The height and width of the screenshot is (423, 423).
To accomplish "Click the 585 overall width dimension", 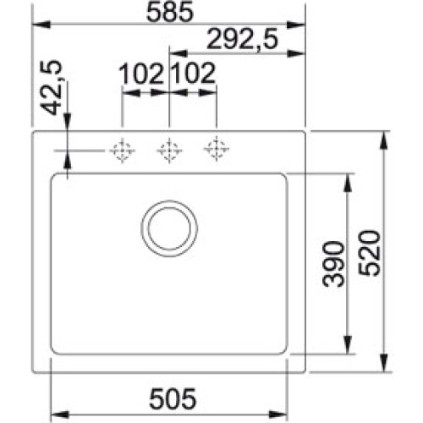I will pos(169,13).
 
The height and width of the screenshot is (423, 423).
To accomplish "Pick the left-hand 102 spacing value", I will pos(143,74).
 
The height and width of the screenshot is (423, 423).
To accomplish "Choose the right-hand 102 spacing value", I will pos(194,74).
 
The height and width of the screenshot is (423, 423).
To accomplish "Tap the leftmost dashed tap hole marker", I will pos(122,151).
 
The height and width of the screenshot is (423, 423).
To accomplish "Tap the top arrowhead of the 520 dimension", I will pos(386,136).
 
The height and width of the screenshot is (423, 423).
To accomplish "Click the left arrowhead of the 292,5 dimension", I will pos(174,52).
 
